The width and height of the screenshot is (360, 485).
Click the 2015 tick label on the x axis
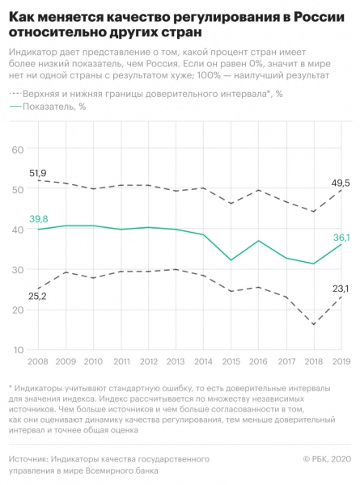pyautogui.click(x=231, y=361)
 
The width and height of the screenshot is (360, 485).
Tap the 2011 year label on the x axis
pyautogui.click(x=121, y=361)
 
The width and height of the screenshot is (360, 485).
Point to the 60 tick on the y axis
pyautogui.click(x=17, y=150)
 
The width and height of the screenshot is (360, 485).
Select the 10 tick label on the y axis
pyautogui.click(x=17, y=350)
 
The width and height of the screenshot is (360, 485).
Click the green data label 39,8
pyautogui.click(x=39, y=219)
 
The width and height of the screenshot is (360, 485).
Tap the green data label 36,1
pyautogui.click(x=341, y=238)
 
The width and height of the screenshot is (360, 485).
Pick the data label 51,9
pyautogui.click(x=37, y=173)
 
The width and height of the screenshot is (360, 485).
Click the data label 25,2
pyautogui.click(x=37, y=297)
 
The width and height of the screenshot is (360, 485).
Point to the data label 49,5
pyautogui.click(x=341, y=183)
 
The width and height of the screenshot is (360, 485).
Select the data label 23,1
pyautogui.click(x=341, y=289)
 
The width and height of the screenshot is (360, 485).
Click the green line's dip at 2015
pyautogui.click(x=231, y=259)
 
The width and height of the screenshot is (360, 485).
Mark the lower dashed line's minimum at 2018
pyautogui.click(x=314, y=324)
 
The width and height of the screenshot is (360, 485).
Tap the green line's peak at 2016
pyautogui.click(x=258, y=240)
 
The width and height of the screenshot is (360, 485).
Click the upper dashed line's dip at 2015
pyautogui.click(x=231, y=203)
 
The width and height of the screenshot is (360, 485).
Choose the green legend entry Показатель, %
pyautogui.click(x=48, y=107)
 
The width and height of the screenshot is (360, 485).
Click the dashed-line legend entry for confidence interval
pyautogui.click(x=146, y=94)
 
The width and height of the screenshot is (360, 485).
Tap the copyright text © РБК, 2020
pyautogui.click(x=327, y=459)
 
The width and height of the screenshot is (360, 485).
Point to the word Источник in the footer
pyautogui.click(x=28, y=459)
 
